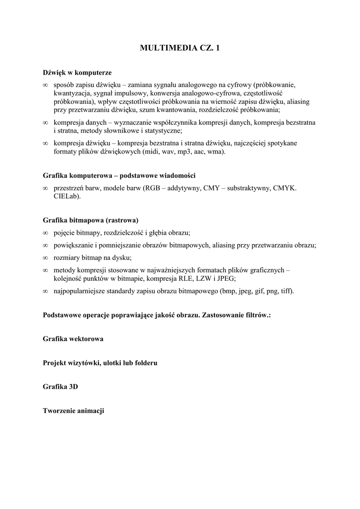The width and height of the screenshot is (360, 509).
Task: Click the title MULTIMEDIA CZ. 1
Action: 180,48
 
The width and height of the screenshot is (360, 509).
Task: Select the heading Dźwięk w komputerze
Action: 77,72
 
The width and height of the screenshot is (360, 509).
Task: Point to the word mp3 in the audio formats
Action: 186,152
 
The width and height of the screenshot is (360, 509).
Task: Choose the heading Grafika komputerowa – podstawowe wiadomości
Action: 119,175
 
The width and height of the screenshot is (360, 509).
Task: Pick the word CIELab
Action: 66,196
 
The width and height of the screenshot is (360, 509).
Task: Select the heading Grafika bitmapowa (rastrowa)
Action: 90,220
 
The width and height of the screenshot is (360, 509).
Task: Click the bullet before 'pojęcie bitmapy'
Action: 45,233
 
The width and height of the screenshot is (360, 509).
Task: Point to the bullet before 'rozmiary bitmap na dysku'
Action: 45,258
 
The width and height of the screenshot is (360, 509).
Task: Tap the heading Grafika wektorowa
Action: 73,339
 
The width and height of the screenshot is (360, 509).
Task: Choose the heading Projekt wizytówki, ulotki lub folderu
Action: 100,363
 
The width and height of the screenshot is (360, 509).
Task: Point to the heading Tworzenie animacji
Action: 74,411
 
